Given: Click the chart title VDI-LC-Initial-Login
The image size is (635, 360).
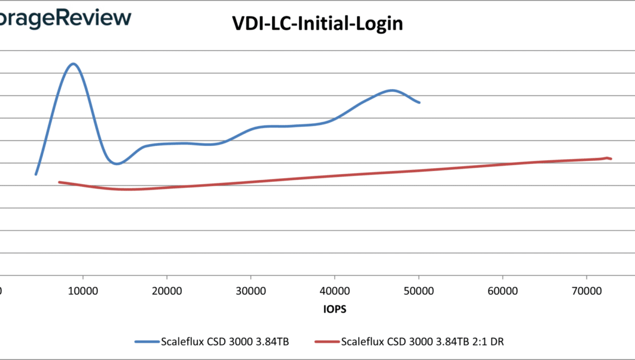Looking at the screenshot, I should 317,24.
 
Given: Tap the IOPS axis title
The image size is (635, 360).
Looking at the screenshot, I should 334,310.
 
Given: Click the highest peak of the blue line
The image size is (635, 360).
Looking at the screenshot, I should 73,64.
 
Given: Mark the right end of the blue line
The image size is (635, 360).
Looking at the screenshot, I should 419,102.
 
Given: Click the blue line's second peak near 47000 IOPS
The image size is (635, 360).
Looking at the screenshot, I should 392,90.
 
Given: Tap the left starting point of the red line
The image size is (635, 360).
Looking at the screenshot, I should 59,182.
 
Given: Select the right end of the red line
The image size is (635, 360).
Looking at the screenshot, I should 611,159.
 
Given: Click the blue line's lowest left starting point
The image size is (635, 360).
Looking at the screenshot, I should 36,174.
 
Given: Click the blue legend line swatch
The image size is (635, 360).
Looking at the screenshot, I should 147,342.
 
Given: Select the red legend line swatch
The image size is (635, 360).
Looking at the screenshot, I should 327,342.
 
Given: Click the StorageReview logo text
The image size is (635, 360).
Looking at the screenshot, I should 65,18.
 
